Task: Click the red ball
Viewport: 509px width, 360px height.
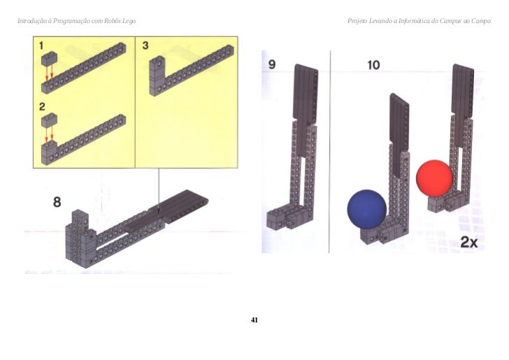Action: pyautogui.click(x=434, y=178)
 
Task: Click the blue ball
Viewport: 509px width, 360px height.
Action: pyautogui.click(x=367, y=210)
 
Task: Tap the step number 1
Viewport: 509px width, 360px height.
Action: pyautogui.click(x=41, y=45)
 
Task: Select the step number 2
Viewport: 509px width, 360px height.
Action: pyautogui.click(x=42, y=107)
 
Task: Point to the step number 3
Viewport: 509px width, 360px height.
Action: pyautogui.click(x=145, y=45)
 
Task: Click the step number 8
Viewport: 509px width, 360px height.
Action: pyautogui.click(x=57, y=202)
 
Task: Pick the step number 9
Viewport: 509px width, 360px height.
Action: pyautogui.click(x=272, y=64)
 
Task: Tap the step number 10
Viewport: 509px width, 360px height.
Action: pyautogui.click(x=373, y=65)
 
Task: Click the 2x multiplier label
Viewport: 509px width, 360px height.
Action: pyautogui.click(x=469, y=242)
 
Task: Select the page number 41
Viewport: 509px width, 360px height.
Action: pyautogui.click(x=254, y=320)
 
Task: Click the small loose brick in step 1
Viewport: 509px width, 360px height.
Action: pyautogui.click(x=49, y=59)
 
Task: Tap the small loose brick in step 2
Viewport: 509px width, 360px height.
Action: pyautogui.click(x=49, y=120)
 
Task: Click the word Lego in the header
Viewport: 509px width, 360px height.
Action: pyautogui.click(x=129, y=21)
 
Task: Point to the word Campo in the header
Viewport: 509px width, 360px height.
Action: pyautogui.click(x=481, y=21)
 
